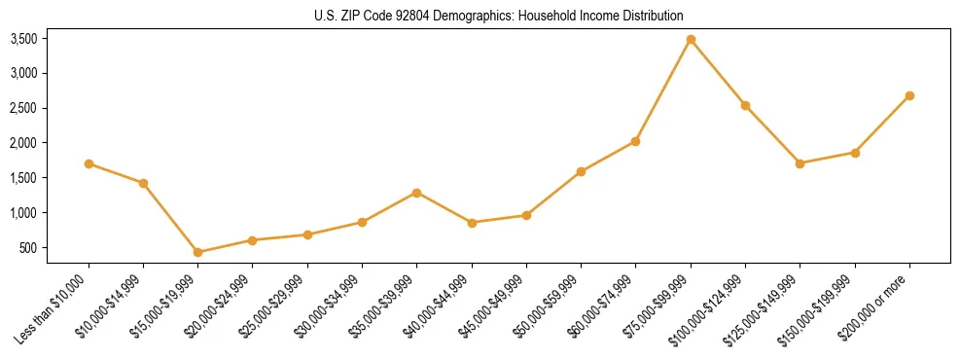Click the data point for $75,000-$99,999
point(691,40)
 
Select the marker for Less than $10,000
point(89,163)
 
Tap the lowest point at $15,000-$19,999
point(198,252)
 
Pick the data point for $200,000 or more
point(909,95)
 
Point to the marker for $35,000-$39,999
point(417,193)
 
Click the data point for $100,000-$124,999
point(745,105)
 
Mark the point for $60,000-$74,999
point(635,141)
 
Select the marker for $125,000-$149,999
point(800,163)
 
